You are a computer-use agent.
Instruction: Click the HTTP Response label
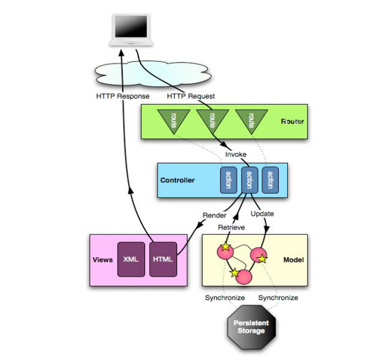(122, 96)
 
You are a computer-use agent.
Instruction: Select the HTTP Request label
(191, 96)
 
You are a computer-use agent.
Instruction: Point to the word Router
(292, 122)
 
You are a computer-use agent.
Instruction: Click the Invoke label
(235, 154)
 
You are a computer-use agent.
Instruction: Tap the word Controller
(178, 179)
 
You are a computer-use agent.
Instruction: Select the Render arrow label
(215, 214)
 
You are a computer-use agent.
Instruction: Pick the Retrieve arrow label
(231, 228)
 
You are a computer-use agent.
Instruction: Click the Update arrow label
(262, 213)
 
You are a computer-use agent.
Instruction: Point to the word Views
(103, 260)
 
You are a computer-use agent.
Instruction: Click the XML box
(130, 260)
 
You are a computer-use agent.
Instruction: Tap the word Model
(293, 260)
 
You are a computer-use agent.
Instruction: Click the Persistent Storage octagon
(251, 326)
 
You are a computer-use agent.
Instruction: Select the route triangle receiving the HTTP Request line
(209, 120)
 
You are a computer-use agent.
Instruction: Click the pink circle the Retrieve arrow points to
(225, 251)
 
